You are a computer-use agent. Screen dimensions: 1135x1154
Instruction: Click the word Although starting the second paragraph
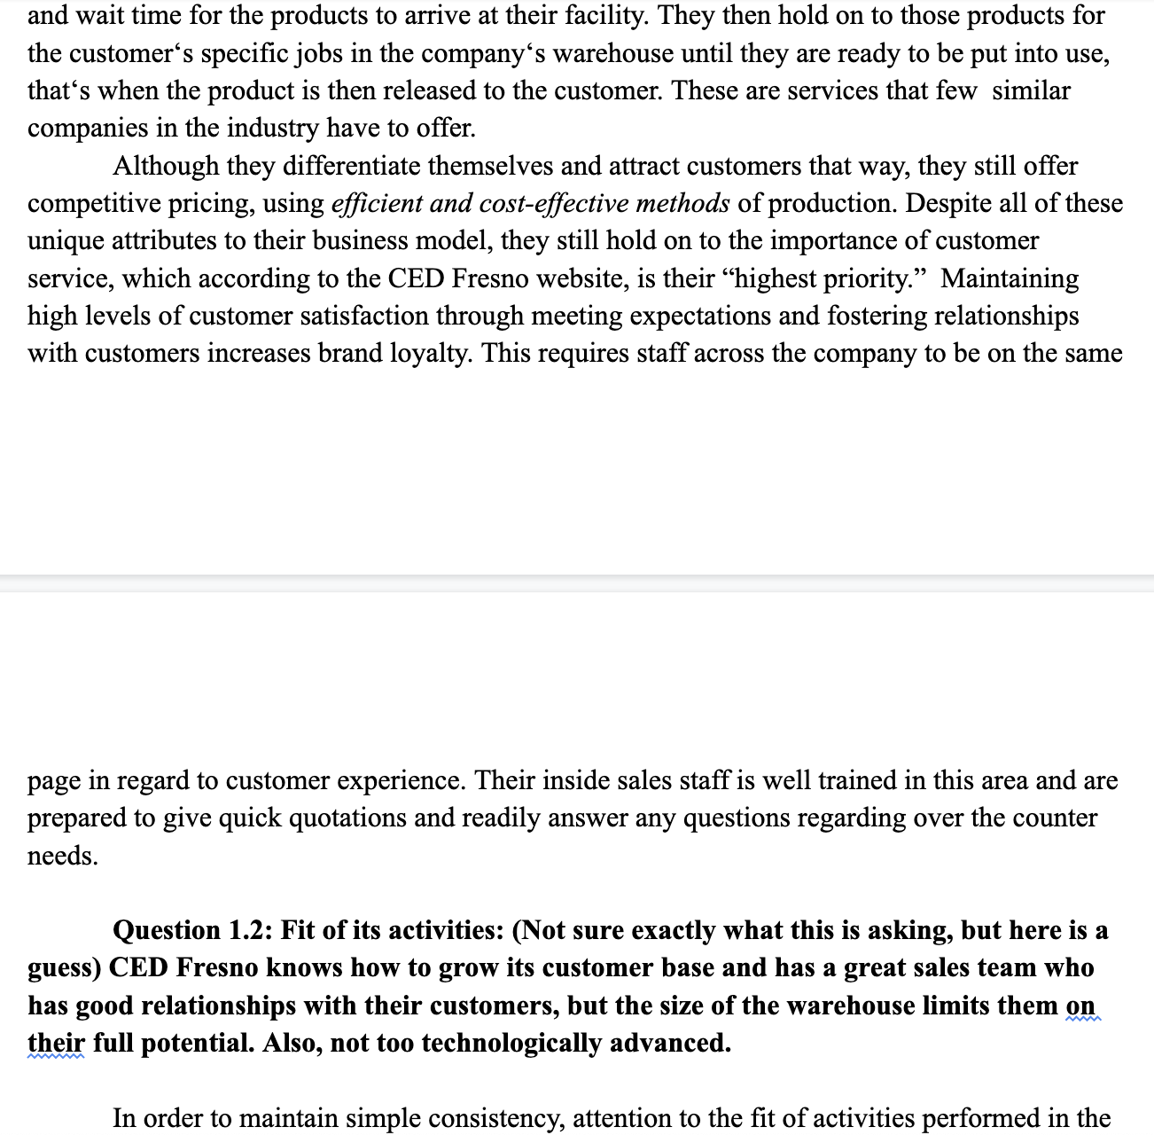pos(166,166)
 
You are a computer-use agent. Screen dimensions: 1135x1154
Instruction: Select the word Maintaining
pos(1010,278)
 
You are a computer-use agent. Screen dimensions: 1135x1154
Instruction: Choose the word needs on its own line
pos(62,856)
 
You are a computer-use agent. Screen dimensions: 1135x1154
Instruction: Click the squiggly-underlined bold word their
pos(56,1043)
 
